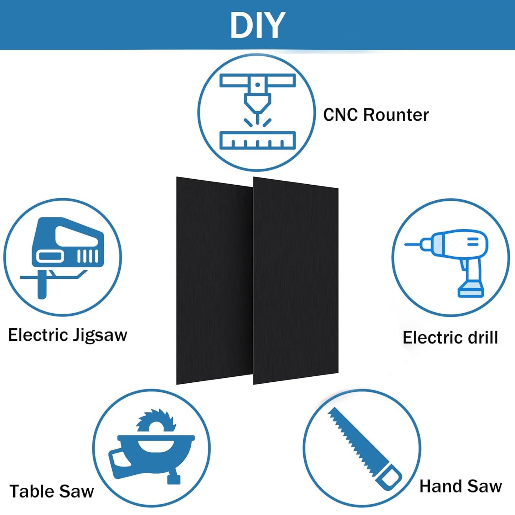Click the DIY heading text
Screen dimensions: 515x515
coord(257,25)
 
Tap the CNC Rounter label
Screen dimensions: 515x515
coord(376,115)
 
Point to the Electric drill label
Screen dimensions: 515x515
coord(450,337)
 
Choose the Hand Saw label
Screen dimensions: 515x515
coord(461,486)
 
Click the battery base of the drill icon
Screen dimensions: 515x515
coord(471,292)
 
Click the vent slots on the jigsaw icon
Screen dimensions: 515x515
coord(88,256)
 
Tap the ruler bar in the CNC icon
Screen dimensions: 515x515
coord(258,140)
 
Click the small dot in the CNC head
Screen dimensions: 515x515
coord(258,85)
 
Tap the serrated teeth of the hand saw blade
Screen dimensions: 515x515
coord(347,438)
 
